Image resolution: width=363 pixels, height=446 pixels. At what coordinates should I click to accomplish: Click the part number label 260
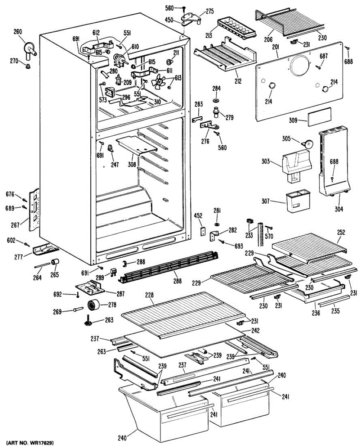[x=18, y=32]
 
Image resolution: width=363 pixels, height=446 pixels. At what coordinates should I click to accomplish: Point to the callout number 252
[x=341, y=233]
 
